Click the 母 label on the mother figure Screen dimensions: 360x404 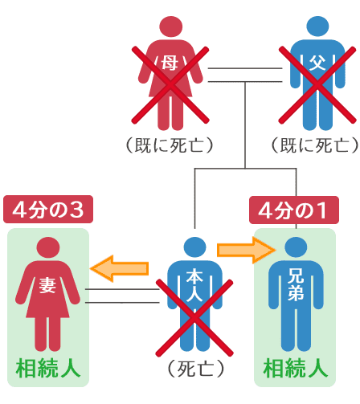coord(170,63)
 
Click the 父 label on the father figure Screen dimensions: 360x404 coord(317,63)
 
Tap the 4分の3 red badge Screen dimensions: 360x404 coord(48,209)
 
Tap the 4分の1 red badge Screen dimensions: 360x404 coord(294,210)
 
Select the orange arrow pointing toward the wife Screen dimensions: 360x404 coord(120,268)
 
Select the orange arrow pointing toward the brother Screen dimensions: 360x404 coord(247,251)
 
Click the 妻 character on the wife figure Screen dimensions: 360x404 coord(47,285)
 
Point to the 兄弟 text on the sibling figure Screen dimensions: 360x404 coord(296,284)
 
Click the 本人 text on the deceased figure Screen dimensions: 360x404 coord(194,285)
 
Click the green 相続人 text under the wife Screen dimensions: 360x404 coord(48,369)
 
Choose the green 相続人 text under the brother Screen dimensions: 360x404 coord(296,369)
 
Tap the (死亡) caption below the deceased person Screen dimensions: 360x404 coord(195,369)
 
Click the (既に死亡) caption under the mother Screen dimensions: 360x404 coord(170,145)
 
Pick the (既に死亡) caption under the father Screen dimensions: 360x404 coord(315,145)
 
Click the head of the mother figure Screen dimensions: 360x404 coord(170,27)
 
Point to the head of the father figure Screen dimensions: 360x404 coord(317,27)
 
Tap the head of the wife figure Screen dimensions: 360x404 coord(48,248)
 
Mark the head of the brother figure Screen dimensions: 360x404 coord(296,247)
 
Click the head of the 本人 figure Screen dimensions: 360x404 coord(195,247)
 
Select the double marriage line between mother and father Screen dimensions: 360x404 coord(245,75)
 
